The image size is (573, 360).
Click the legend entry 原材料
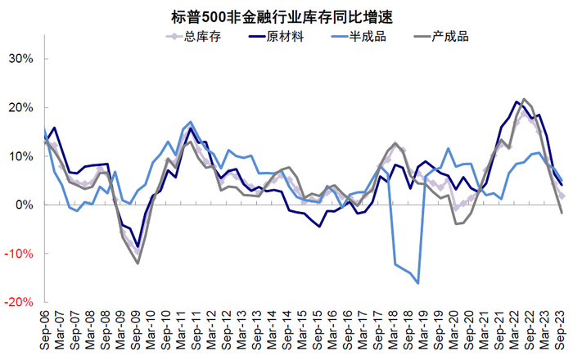point(287,35)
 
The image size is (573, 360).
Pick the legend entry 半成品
point(373,35)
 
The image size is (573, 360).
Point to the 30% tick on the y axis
point(20,59)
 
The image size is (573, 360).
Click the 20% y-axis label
point(20,107)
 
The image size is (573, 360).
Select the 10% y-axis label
point(20,156)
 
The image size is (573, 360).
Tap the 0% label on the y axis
point(24,205)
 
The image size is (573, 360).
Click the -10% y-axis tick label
point(19,254)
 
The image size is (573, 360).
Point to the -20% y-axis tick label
point(19,302)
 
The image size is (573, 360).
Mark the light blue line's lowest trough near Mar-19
point(417,283)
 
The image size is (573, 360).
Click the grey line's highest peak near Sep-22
point(524,99)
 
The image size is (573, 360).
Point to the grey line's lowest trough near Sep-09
point(138,263)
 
